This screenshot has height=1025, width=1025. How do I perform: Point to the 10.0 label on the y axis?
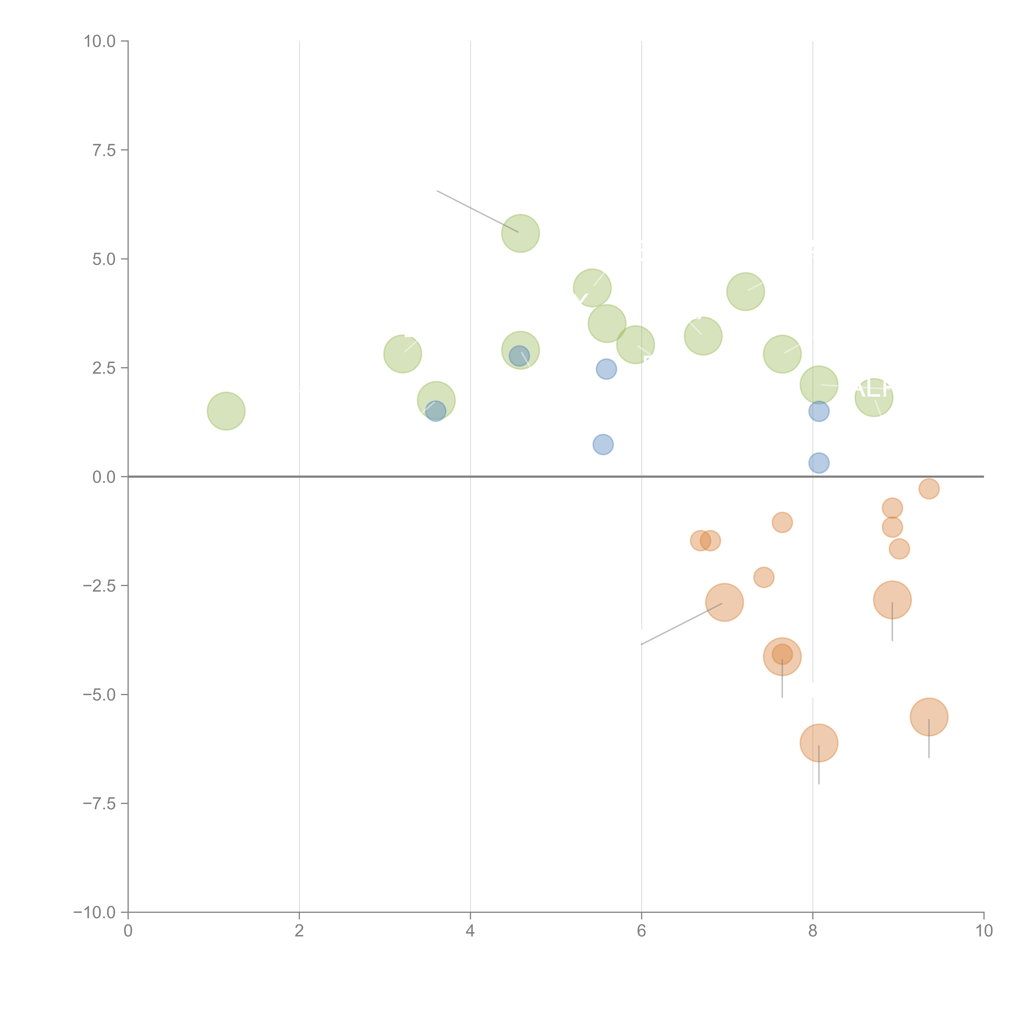pos(100,41)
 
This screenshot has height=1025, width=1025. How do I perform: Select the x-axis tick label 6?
pos(641,931)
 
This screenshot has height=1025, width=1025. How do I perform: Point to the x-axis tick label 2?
pos(299,931)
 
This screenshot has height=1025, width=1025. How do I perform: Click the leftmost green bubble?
pos(226,411)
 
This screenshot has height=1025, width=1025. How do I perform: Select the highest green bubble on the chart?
pos(520,233)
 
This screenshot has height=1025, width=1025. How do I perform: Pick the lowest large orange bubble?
pos(819,743)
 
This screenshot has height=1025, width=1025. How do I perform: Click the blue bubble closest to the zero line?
pos(819,463)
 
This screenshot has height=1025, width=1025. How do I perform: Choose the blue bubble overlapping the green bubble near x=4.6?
pos(519,356)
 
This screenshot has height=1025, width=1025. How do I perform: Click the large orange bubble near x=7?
pos(724,602)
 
